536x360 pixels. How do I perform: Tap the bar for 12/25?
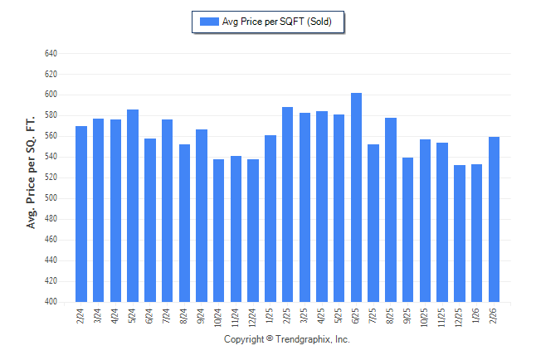(460, 233)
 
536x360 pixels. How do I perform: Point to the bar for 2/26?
(494, 219)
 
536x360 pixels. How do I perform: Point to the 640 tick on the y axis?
(51, 53)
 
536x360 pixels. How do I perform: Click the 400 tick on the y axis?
(51, 302)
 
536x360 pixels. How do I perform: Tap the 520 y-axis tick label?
(51, 178)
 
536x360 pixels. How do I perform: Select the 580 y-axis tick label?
(51, 115)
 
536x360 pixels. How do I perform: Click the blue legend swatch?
(209, 22)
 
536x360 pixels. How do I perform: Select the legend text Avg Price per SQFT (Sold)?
(277, 22)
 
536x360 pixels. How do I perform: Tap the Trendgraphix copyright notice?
(287, 340)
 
